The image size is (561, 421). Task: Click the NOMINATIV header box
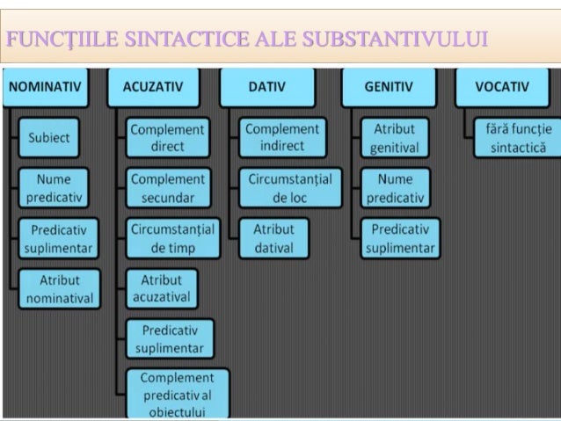pos(45,87)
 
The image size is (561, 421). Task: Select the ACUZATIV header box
pos(153,87)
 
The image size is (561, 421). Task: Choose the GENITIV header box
pos(387,87)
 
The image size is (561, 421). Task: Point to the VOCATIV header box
pos(501,87)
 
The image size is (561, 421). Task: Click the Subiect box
pos(49,138)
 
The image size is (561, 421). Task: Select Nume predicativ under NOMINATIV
pos(54,188)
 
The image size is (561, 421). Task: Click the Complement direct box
pos(167,138)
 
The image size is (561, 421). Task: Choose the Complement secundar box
pos(167,188)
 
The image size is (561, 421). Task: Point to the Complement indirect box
pos(281,138)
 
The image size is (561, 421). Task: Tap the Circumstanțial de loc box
pos(289,188)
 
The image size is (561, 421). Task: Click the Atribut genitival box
pos(394,138)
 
